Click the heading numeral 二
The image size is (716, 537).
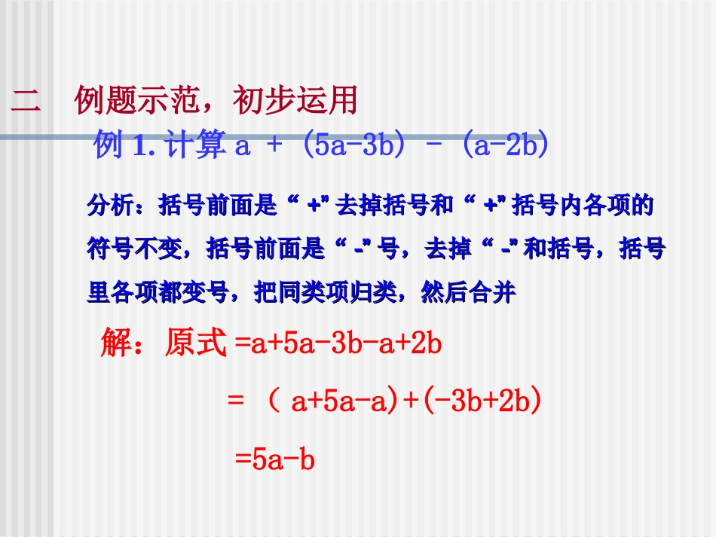click(26, 101)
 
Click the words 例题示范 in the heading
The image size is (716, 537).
click(139, 101)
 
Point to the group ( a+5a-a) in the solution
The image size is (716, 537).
click(333, 402)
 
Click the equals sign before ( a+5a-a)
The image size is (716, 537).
click(235, 402)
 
